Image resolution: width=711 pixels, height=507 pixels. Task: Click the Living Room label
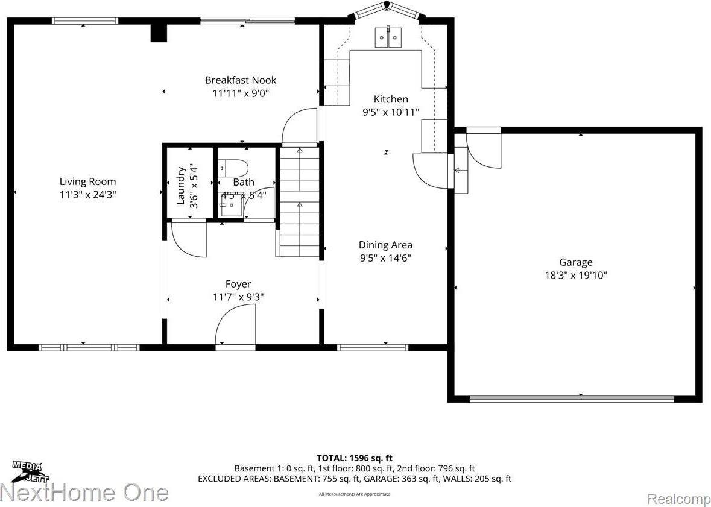(87, 181)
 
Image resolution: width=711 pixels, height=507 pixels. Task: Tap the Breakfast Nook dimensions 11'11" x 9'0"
(240, 93)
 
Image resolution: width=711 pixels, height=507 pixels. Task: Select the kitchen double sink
(388, 37)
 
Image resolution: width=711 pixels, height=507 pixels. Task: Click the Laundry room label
(180, 185)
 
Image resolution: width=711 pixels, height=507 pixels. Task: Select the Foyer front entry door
(236, 326)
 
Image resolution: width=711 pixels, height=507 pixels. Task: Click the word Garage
(575, 262)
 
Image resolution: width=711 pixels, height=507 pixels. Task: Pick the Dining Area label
(385, 245)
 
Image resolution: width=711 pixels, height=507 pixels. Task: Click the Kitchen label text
(391, 99)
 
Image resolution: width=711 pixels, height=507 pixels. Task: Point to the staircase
(299, 202)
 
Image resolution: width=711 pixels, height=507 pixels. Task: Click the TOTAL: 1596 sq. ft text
(358, 458)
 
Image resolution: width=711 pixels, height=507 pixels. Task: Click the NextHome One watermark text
(84, 493)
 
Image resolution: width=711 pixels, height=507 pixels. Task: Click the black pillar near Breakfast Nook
(158, 33)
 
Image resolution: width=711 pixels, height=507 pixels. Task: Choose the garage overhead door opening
(571, 398)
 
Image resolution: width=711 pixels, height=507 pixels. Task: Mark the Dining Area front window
(372, 347)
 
